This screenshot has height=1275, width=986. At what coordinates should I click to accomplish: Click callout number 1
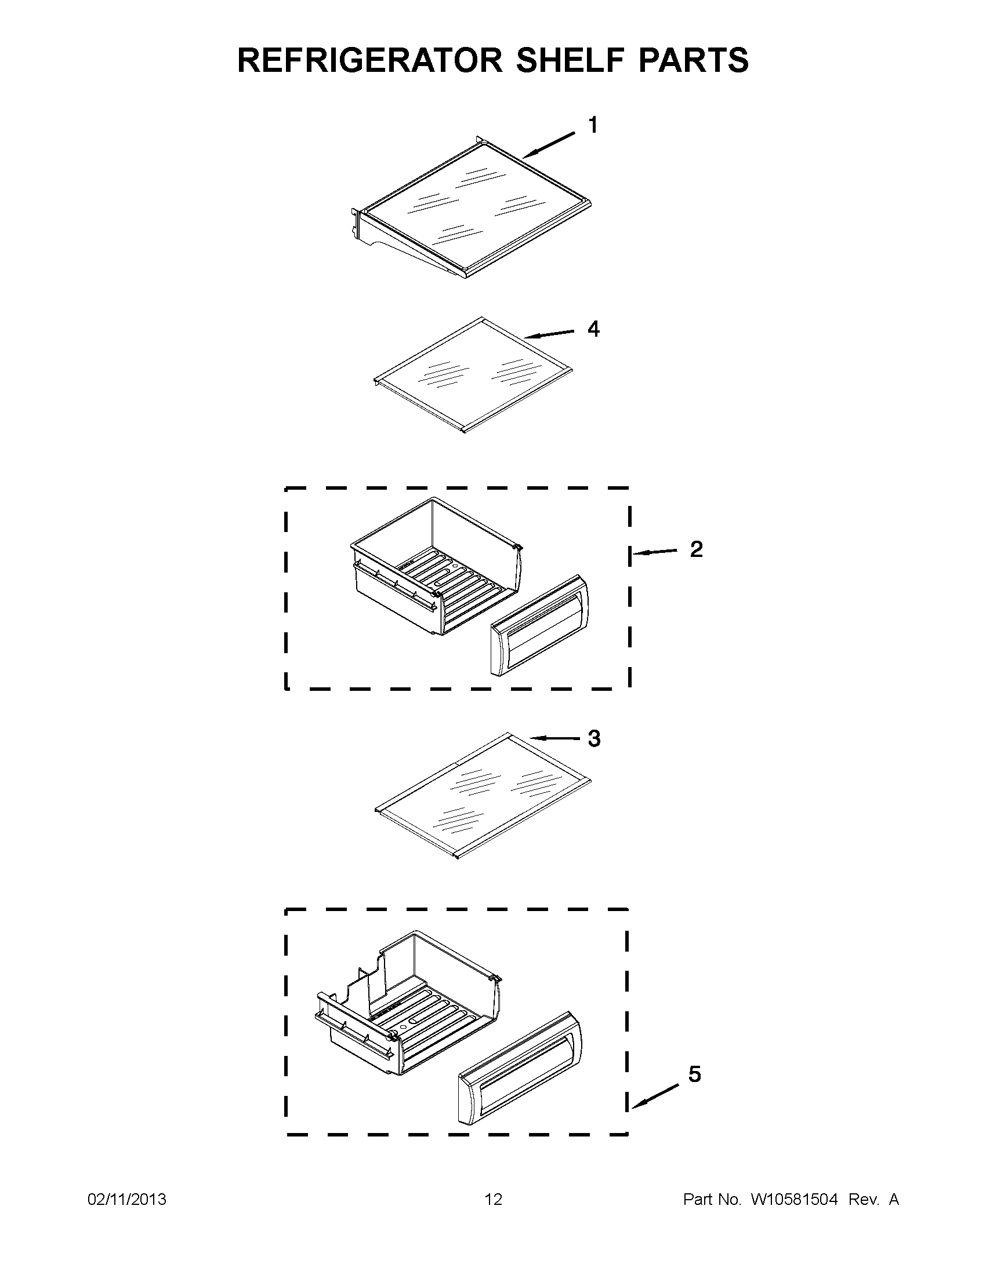[593, 126]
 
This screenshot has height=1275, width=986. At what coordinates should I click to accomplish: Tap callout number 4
[593, 329]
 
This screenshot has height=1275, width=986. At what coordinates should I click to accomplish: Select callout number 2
[696, 549]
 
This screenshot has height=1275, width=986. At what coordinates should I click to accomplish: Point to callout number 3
[594, 739]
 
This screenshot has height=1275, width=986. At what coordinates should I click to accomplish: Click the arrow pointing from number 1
[549, 145]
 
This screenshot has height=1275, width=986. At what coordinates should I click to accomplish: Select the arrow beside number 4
[549, 334]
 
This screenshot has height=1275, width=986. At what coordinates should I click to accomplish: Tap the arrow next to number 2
[655, 552]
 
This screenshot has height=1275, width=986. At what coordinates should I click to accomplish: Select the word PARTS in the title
[693, 61]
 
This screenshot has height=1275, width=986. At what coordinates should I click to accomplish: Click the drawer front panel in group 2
[539, 625]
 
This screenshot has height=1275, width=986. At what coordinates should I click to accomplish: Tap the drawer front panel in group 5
[519, 1068]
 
